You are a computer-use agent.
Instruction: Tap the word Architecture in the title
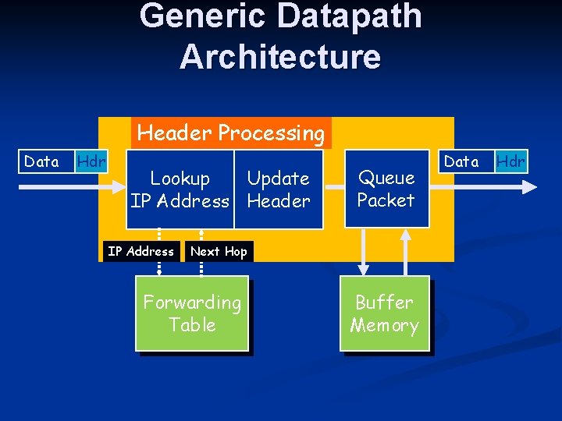tap(280, 57)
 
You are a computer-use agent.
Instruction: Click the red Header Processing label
tap(230, 133)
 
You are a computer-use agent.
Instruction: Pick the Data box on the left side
tap(41, 161)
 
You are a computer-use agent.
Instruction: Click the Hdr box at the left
tap(91, 161)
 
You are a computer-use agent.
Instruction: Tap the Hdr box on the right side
tap(511, 161)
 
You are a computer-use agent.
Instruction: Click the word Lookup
tap(180, 179)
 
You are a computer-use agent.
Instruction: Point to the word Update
tap(279, 179)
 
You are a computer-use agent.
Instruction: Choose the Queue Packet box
tap(386, 189)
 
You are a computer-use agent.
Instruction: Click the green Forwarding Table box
tap(192, 313)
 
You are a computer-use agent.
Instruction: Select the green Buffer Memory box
tap(385, 313)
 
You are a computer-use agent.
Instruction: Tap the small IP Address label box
tap(140, 251)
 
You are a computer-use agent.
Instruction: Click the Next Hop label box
tap(219, 251)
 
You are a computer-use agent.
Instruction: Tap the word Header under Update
tap(279, 201)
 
